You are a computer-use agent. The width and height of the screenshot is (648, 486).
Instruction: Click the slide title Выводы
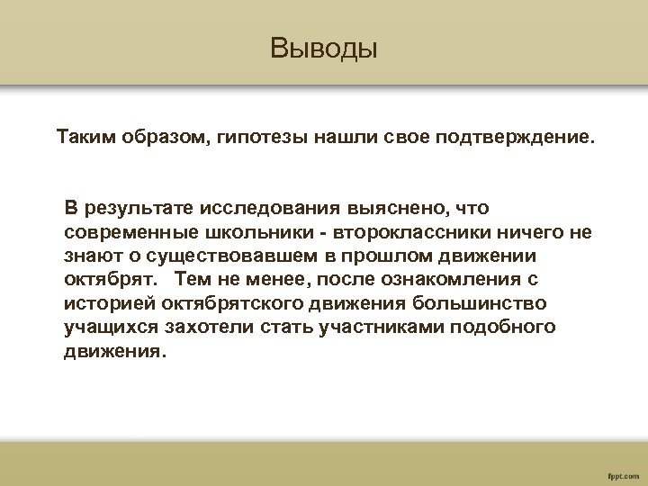click(324, 48)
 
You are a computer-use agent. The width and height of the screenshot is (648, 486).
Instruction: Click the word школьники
click(246, 232)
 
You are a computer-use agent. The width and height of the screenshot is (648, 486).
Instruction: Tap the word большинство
click(481, 303)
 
